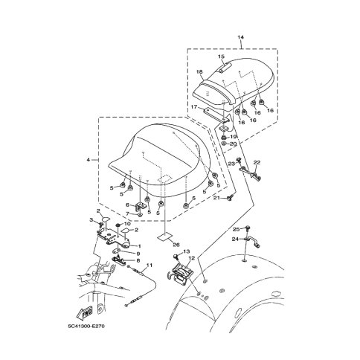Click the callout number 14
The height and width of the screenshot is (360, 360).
pyautogui.click(x=240, y=37)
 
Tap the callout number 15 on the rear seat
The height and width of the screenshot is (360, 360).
pyautogui.click(x=221, y=57)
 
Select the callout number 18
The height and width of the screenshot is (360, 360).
pyautogui.click(x=199, y=71)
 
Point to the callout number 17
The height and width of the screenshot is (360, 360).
pyautogui.click(x=194, y=107)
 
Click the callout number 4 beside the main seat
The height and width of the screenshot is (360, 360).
pyautogui.click(x=89, y=160)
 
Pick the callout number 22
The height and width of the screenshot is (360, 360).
pyautogui.click(x=257, y=163)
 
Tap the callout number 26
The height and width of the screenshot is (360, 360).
pyautogui.click(x=176, y=245)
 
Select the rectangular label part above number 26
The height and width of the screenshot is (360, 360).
pyautogui.click(x=164, y=237)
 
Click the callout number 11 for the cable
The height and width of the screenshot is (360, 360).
pyautogui.click(x=150, y=265)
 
